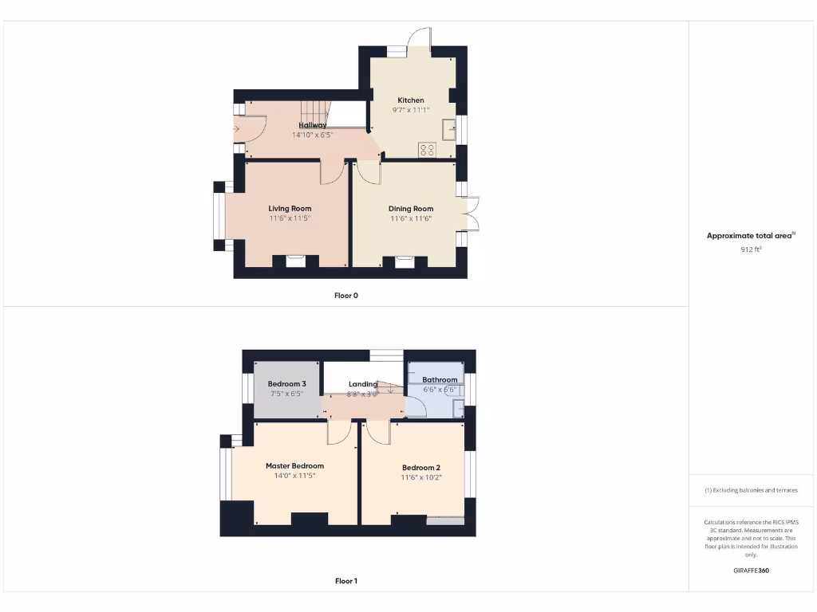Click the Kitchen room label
pos(411,100)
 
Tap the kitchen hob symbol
pos(428,148)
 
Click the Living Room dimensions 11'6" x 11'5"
pos(290,218)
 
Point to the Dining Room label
pos(411,209)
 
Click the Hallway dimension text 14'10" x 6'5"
pos(312,135)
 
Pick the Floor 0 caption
pos(345,296)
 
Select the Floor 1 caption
pos(345,581)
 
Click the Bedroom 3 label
pos(286,384)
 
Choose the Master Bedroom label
pos(294,466)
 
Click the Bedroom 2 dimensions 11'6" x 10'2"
pos(421,477)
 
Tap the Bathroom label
pos(440,380)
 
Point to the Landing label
pos(363,384)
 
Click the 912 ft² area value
pos(751,249)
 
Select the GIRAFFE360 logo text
pos(751,571)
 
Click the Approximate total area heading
pos(751,236)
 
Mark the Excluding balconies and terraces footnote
pos(751,490)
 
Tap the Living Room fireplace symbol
pos(295,259)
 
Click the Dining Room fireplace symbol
pos(405,259)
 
